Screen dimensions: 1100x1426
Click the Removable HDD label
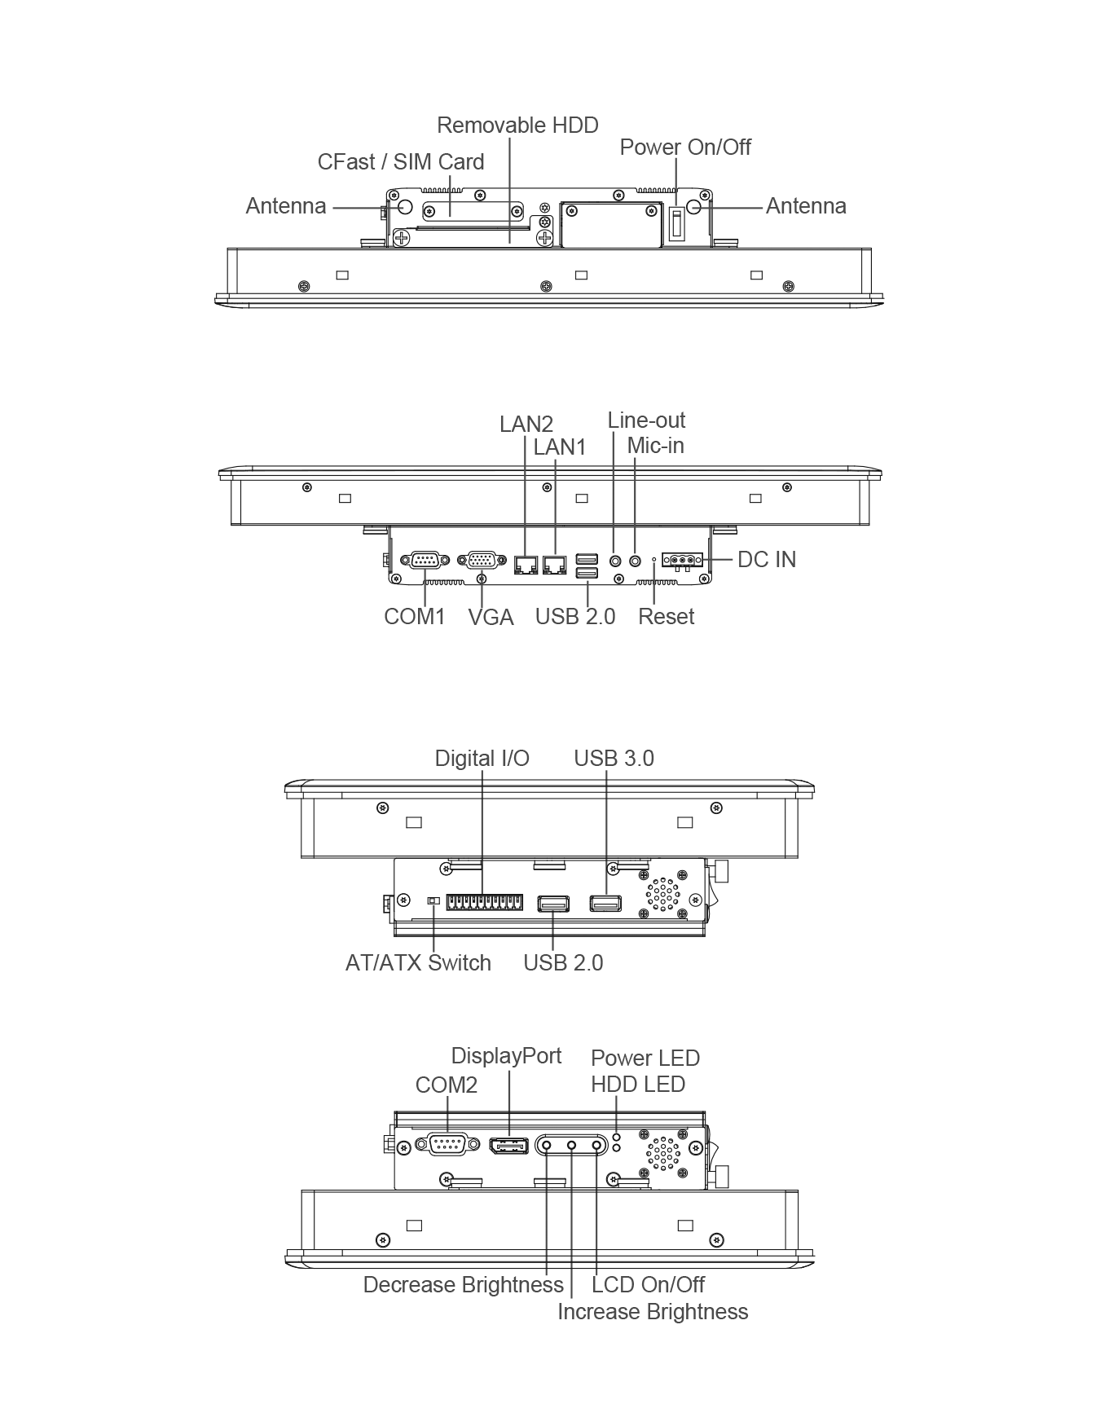517,125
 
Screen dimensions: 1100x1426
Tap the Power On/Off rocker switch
676,223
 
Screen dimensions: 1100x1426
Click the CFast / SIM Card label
401,162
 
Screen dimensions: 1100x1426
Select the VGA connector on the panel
482,560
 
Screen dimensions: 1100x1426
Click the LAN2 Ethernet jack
526,563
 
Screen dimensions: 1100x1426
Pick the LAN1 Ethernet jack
555,563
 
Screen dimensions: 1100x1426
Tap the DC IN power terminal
683,560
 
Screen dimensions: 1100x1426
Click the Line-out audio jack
615,561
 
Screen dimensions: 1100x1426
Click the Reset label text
667,617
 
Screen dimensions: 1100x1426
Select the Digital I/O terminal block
485,903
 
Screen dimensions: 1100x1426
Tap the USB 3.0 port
606,903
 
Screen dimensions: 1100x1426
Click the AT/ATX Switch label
418,963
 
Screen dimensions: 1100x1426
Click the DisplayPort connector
509,1146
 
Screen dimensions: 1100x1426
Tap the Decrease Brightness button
546,1146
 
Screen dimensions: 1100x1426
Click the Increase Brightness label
653,1312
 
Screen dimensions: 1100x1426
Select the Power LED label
645,1058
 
